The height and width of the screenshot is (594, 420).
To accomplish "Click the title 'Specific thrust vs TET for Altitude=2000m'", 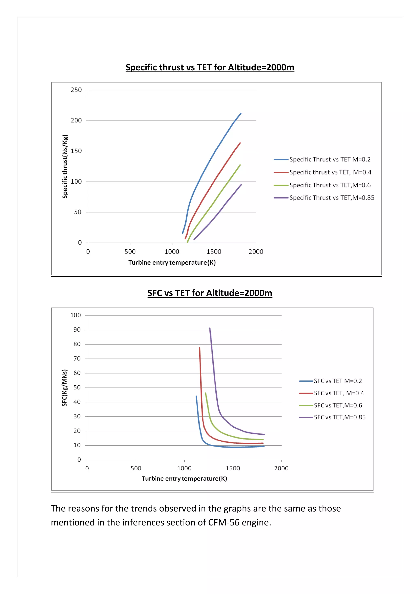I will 210,67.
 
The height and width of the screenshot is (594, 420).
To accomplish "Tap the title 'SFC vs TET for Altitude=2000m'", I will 210,293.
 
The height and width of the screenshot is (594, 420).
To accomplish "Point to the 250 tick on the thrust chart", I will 76,90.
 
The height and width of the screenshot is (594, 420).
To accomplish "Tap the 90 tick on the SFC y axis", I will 77,330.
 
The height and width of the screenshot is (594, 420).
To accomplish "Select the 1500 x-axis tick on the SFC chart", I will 233,468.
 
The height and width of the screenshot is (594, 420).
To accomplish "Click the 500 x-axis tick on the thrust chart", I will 130,251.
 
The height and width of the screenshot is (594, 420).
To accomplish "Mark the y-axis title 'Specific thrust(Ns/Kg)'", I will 65,166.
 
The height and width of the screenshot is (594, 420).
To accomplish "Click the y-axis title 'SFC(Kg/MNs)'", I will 64,387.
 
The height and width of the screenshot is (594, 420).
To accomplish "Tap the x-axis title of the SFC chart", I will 184,479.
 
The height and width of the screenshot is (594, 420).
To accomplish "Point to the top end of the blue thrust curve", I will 241,113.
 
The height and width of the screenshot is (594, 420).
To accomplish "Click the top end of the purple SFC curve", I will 210,328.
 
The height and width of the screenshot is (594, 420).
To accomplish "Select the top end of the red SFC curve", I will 199,348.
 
